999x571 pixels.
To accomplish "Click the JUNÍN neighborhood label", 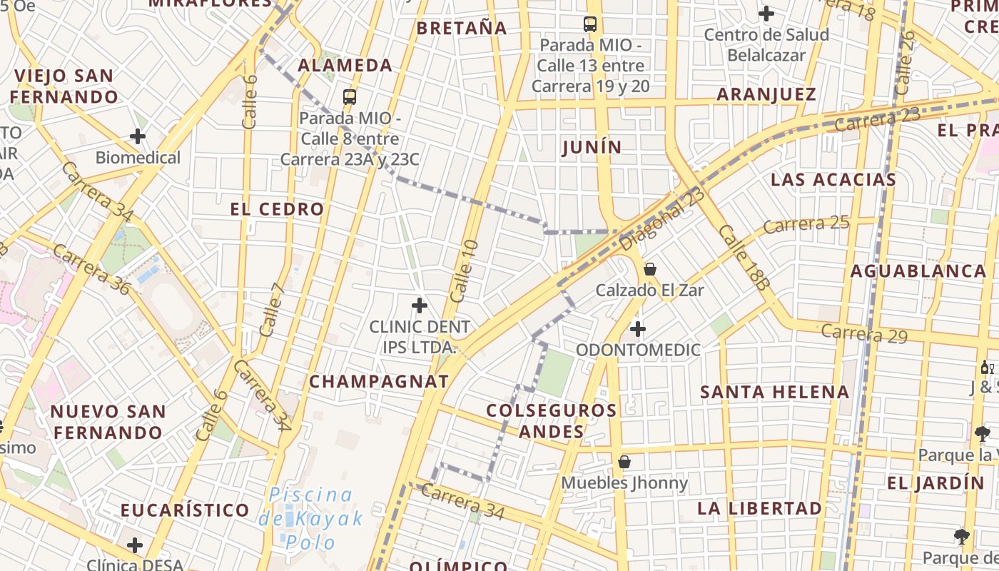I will pyautogui.click(x=592, y=147).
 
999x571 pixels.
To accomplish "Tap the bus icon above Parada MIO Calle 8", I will pyautogui.click(x=349, y=97).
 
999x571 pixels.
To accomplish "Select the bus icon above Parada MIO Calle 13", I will pyautogui.click(x=590, y=24).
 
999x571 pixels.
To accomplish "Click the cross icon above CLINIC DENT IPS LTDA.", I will pyautogui.click(x=420, y=306).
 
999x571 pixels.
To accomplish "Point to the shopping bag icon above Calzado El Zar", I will pyautogui.click(x=650, y=269).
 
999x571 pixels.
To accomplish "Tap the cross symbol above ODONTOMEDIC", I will pyautogui.click(x=638, y=329).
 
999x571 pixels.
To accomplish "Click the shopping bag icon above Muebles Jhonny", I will pyautogui.click(x=624, y=462).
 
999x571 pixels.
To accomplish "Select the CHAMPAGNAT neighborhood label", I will pyautogui.click(x=379, y=381).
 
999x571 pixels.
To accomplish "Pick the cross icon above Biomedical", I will pyautogui.click(x=138, y=136).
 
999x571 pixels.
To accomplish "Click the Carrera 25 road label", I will pyautogui.click(x=806, y=224).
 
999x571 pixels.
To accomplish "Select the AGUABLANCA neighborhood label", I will pyautogui.click(x=918, y=271).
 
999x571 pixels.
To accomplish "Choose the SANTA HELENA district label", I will pyautogui.click(x=774, y=392).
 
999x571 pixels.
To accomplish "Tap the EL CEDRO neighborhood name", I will pyautogui.click(x=277, y=209).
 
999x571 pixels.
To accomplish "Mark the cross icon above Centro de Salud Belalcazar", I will pyautogui.click(x=766, y=14).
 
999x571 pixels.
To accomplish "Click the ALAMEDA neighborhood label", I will pyautogui.click(x=345, y=66).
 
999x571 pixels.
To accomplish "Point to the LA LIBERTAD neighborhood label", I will pyautogui.click(x=759, y=508).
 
